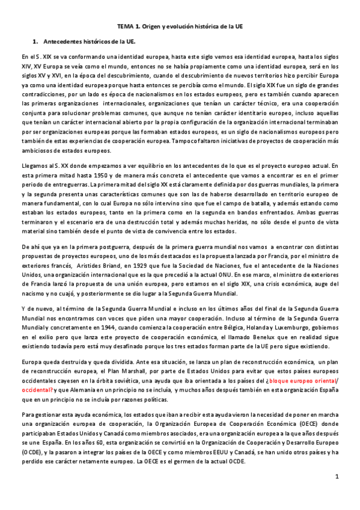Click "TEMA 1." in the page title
click(129, 28)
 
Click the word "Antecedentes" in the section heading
click(64, 42)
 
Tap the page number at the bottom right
click(338, 476)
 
